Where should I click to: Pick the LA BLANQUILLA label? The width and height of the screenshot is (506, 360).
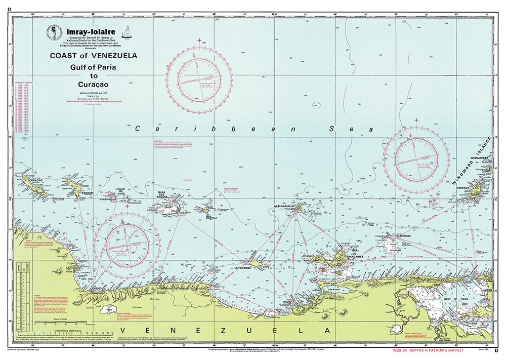[x=284, y=207]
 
